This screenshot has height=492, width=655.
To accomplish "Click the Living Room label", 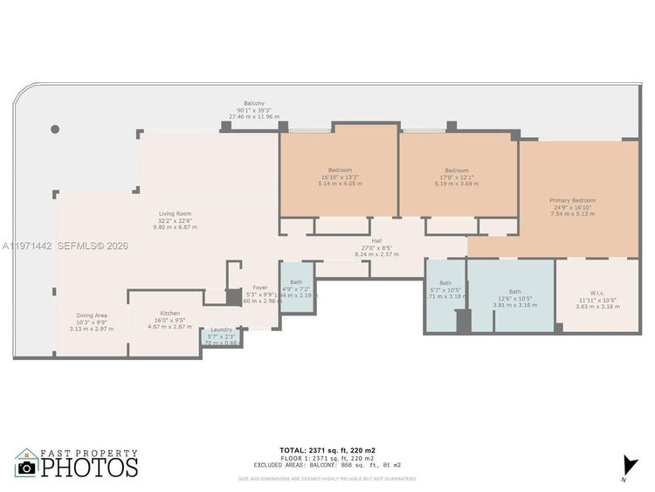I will click(175, 213).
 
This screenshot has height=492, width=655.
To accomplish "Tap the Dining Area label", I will click(92, 315).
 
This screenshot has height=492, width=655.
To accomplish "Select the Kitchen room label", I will click(169, 313).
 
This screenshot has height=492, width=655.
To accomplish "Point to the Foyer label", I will click(260, 288).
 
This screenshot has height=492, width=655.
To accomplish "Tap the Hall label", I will click(377, 241).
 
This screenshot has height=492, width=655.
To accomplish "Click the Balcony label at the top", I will click(254, 103).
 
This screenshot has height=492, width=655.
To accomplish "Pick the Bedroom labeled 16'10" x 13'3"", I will click(340, 170).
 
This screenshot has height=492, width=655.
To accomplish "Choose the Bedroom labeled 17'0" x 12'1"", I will click(456, 170).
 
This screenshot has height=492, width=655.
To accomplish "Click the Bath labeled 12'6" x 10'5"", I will click(514, 292).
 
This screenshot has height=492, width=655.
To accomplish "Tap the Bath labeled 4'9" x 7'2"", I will click(296, 282).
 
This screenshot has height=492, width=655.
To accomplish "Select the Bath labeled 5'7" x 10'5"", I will click(445, 283).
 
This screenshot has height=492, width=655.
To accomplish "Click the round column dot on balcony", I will click(55, 129).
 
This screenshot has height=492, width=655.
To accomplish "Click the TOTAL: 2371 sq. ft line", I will click(327, 450).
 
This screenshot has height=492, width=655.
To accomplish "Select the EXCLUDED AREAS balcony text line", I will click(327, 465).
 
